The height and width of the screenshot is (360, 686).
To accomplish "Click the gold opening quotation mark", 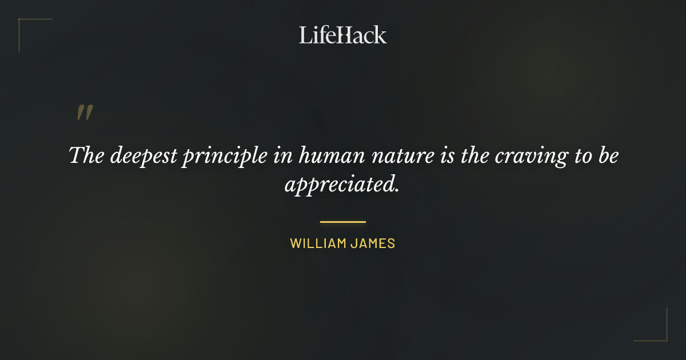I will [85, 113].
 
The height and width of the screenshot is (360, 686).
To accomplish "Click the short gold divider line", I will [343, 222].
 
